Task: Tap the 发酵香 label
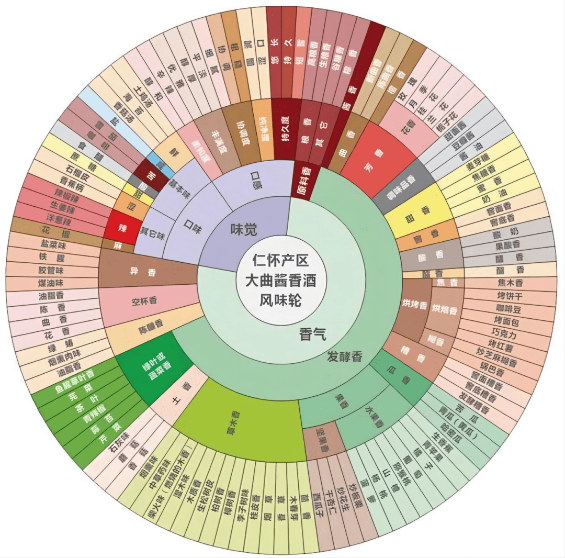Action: click(x=344, y=357)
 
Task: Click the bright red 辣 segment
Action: click(x=122, y=228)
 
